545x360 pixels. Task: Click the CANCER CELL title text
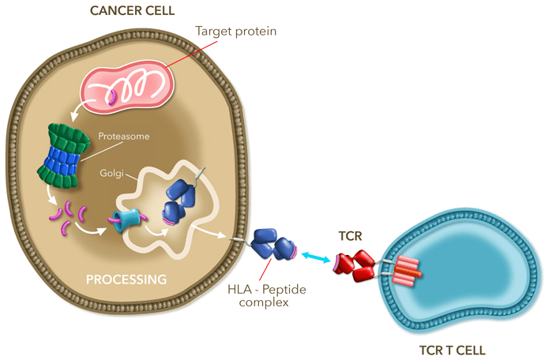(x=133, y=10)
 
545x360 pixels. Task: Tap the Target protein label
(x=236, y=32)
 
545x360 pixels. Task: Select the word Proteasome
(x=124, y=136)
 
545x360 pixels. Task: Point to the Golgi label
(x=111, y=173)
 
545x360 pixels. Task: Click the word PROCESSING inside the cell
(x=126, y=279)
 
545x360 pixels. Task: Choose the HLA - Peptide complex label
(x=267, y=295)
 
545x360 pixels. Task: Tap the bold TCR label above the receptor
(x=351, y=236)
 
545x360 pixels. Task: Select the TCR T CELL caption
(x=453, y=351)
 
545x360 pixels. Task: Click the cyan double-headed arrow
(x=316, y=257)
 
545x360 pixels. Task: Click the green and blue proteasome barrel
(x=63, y=156)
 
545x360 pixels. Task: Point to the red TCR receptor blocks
(x=355, y=266)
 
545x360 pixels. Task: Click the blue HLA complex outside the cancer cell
(x=273, y=244)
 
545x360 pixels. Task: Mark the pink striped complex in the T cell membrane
(x=405, y=271)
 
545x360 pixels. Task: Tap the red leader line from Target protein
(x=192, y=54)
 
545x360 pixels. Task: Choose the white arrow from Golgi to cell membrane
(x=209, y=232)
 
